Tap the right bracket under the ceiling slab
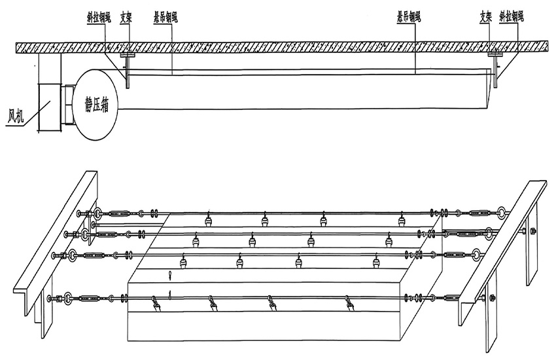(x=496, y=69)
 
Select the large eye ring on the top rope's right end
(x=500, y=213)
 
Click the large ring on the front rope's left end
(x=67, y=298)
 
